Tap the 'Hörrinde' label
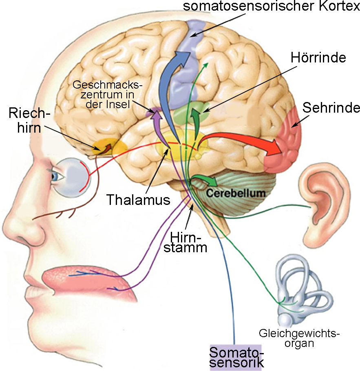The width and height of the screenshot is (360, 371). click(x=318, y=58)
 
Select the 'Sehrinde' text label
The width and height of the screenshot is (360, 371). click(x=331, y=108)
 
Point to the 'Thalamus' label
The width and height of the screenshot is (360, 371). click(x=138, y=200)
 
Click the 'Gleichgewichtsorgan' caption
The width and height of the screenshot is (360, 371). click(x=299, y=338)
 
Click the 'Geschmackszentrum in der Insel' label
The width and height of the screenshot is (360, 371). click(x=107, y=95)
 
